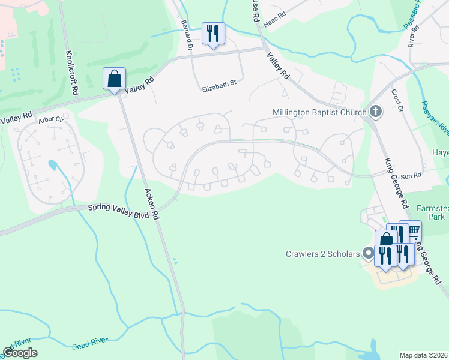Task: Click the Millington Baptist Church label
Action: [x=319, y=112]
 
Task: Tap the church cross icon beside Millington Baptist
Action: [x=375, y=112]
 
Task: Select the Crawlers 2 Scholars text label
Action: [x=322, y=254]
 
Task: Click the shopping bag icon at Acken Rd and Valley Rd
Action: [x=114, y=79]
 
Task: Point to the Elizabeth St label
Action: [x=219, y=88]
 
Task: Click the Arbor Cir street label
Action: [x=51, y=120]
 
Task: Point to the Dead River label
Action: [x=90, y=343]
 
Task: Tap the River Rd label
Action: [x=412, y=38]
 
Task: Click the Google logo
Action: [x=20, y=353]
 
